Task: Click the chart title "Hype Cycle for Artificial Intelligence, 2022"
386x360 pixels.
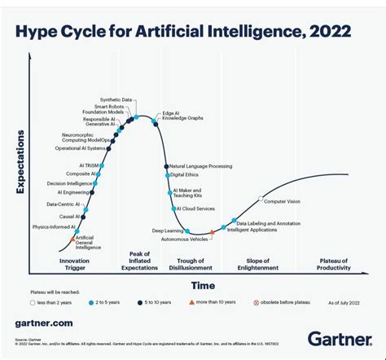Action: [x=183, y=32]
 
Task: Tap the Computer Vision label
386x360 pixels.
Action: [x=283, y=202]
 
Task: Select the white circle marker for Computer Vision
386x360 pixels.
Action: [x=261, y=198]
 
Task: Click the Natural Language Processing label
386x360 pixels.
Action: [x=200, y=166]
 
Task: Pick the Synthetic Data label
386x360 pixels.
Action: [x=116, y=99]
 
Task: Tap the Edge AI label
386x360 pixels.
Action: [x=171, y=113]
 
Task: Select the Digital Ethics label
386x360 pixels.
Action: [x=184, y=175]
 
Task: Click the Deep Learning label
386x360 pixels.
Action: [x=167, y=230]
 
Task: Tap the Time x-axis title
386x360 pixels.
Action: [x=203, y=286]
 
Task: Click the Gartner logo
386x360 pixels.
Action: [x=339, y=338]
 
